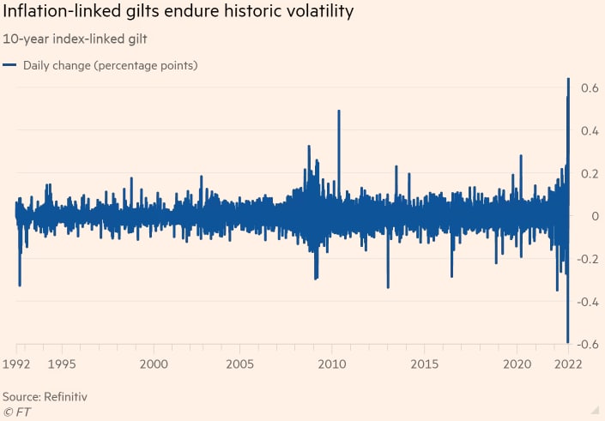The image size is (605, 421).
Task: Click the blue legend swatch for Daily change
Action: [x=9, y=65]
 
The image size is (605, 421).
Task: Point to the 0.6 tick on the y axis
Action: [x=589, y=88]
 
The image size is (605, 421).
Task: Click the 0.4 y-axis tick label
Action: [x=589, y=131]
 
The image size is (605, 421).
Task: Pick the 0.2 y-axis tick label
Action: [x=589, y=174]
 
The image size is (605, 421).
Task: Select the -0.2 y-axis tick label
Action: [x=587, y=259]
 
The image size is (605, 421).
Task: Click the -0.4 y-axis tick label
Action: [x=587, y=302]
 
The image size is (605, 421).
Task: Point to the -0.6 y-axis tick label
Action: [x=587, y=345]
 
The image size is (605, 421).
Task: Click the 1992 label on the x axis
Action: [x=17, y=364]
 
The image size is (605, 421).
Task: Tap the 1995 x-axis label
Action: [x=61, y=364]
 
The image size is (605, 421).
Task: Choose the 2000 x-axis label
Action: [x=154, y=364]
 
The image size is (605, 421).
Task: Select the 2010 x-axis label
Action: [x=332, y=364]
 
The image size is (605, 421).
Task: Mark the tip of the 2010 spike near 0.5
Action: [x=339, y=111]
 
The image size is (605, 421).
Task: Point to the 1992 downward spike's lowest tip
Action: [x=20, y=286]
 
